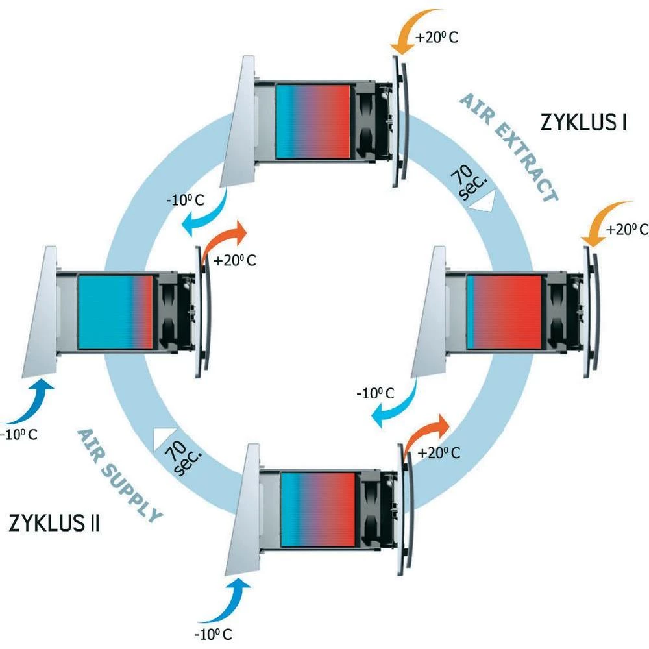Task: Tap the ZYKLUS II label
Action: point(54,523)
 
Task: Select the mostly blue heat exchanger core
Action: point(116,312)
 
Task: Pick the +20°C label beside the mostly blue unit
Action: point(236,261)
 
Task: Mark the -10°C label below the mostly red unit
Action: point(375,393)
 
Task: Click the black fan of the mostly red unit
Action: point(556,312)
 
